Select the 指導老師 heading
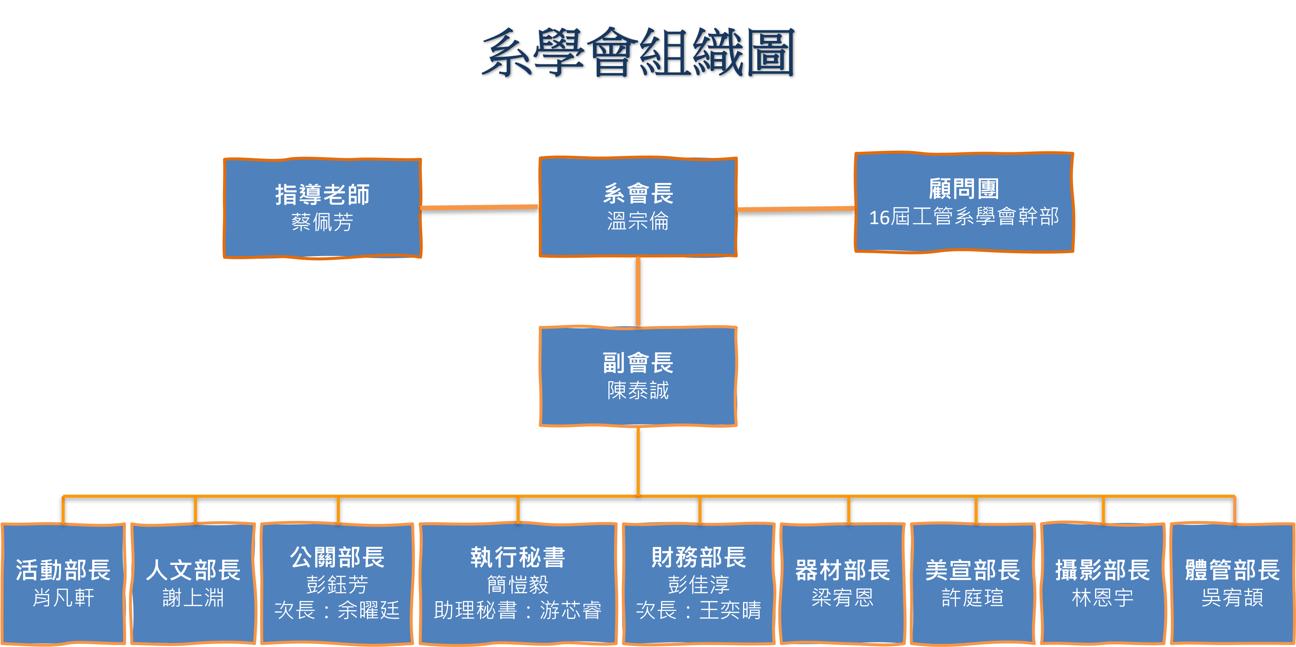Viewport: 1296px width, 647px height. (x=322, y=194)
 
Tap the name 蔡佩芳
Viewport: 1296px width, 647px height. (x=322, y=222)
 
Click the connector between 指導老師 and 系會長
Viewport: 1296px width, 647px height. (x=479, y=207)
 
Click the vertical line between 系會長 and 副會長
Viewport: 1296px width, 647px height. (x=638, y=292)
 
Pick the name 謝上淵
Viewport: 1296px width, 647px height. (x=193, y=598)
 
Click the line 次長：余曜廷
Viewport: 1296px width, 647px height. (x=337, y=610)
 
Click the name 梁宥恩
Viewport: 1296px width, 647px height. (x=842, y=598)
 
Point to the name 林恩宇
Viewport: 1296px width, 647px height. (x=1102, y=598)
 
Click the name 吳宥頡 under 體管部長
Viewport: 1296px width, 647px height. (x=1232, y=598)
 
